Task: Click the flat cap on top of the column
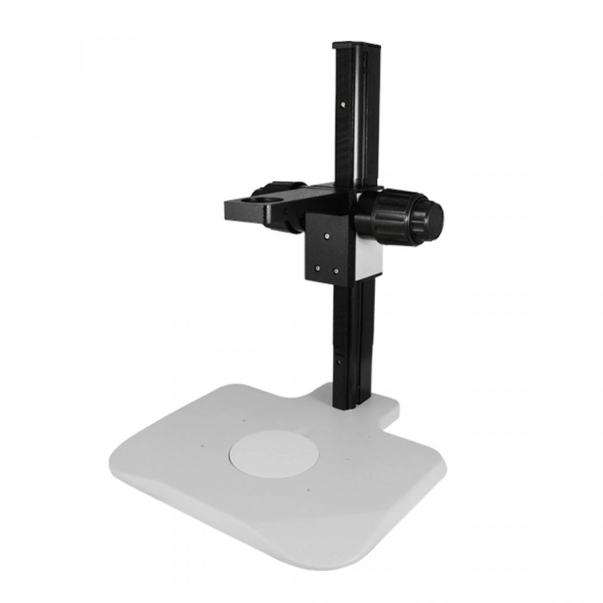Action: click(x=356, y=45)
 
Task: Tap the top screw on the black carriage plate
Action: click(x=327, y=236)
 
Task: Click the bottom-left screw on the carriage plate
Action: click(x=317, y=268)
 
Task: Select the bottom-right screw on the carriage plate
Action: click(x=336, y=271)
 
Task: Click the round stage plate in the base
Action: click(x=272, y=454)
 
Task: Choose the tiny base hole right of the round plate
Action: click(x=347, y=459)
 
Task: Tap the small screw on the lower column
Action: click(x=339, y=361)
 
